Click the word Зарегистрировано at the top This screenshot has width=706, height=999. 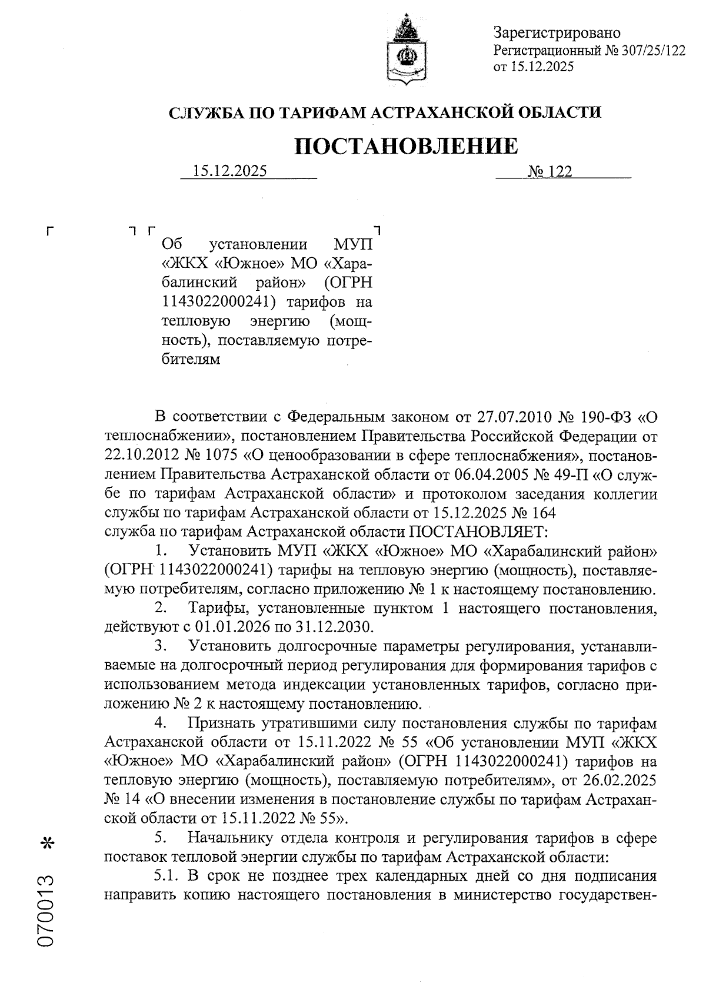pos(556,33)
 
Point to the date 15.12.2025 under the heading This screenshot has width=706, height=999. pos(230,171)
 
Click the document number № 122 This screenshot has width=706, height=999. pos(550,171)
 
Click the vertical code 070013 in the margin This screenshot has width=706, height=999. pos(45,910)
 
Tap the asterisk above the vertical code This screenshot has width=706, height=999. pos(46,845)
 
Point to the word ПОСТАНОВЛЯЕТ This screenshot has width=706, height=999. pos(478,532)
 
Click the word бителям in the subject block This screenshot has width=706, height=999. pos(191,359)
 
